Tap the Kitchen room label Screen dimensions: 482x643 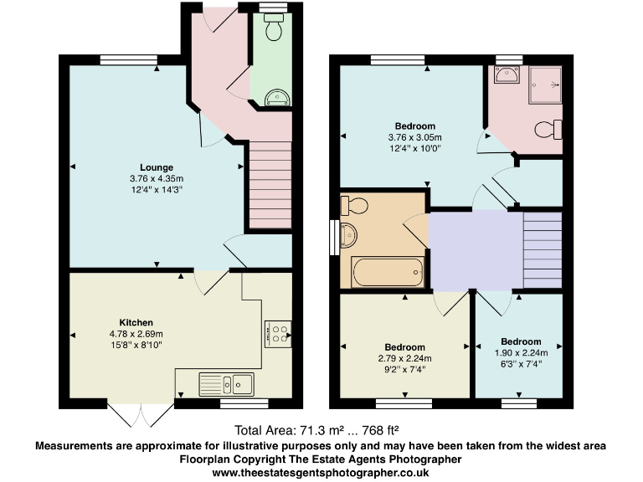pos(136,322)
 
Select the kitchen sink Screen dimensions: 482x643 pos(227,384)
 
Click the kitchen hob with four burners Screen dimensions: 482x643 pos(277,334)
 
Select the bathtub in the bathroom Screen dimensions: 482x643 pos(388,271)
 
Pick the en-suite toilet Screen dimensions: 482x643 pos(548,131)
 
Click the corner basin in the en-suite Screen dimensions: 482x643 pos(505,77)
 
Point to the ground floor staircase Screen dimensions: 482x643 pos(269,184)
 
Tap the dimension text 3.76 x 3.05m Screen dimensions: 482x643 pos(414,137)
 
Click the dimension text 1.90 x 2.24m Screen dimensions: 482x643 pos(521,352)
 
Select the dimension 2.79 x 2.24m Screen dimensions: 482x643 pos(404,358)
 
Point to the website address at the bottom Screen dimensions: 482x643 pos(321,473)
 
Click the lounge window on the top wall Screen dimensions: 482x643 pos(125,59)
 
